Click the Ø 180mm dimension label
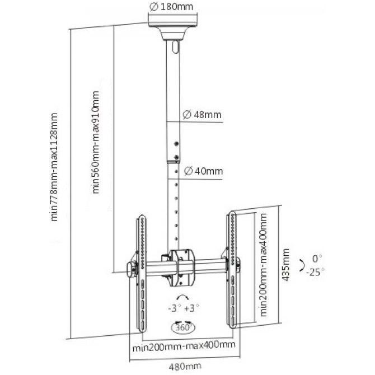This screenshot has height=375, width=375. click(x=171, y=7)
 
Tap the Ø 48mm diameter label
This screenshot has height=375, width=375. click(x=202, y=115)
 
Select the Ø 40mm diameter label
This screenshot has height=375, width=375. click(x=203, y=171)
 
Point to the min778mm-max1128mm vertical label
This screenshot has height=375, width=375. click(x=54, y=167)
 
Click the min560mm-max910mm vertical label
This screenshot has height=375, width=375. click(x=95, y=142)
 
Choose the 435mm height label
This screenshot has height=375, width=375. click(x=285, y=265)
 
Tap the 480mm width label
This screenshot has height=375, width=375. click(x=185, y=366)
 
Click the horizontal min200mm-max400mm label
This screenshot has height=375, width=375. click(x=184, y=346)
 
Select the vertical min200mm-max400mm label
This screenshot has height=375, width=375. click(x=263, y=265)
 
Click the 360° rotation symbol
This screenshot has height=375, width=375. click(x=184, y=327)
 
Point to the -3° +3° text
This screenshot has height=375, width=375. click(x=184, y=308)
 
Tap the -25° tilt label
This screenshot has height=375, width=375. click(x=316, y=272)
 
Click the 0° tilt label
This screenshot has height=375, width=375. click(x=317, y=259)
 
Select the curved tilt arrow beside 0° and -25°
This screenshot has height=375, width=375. click(x=303, y=265)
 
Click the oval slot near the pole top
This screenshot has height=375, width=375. click(x=176, y=47)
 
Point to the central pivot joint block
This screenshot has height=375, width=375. click(x=182, y=268)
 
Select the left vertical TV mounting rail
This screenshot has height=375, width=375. click(x=142, y=274)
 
